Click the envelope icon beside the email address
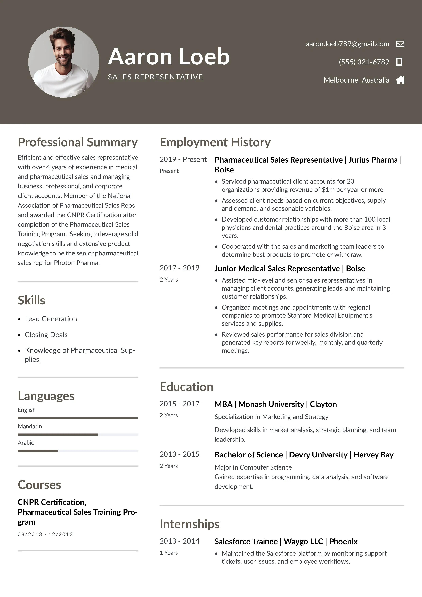400,44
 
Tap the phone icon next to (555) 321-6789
399,62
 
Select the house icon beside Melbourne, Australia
400,80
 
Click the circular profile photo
64,62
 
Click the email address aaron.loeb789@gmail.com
347,44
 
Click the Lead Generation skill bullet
51,319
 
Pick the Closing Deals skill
46,335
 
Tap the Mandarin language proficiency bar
78,434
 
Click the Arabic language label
26,442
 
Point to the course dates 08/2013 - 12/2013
45,534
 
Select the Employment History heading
215,142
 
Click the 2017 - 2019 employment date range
179,268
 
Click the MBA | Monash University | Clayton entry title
276,404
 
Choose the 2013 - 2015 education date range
179,454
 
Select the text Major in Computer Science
253,467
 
